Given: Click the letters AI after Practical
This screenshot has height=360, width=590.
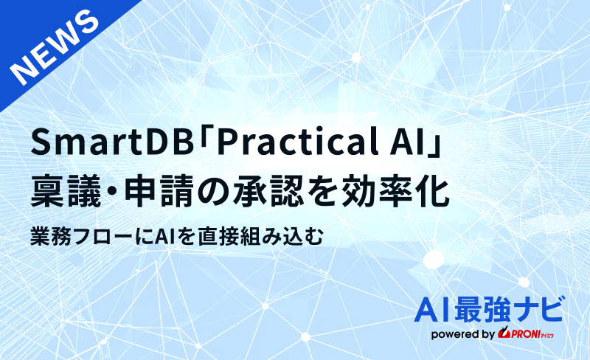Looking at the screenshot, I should [x=401, y=142].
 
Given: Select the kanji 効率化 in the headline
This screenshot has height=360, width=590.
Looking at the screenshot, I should [x=398, y=189].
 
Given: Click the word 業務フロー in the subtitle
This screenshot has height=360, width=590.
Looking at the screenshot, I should [x=81, y=236].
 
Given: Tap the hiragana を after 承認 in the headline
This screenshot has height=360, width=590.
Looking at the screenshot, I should [x=330, y=189].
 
